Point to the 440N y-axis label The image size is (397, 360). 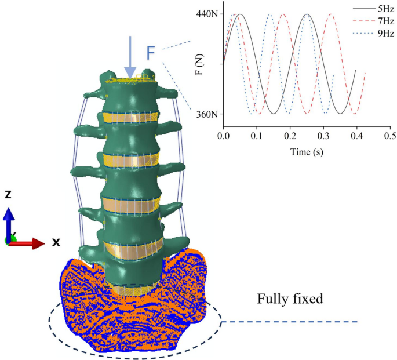pyautogui.click(x=207, y=14)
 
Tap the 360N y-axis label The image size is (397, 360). pyautogui.click(x=207, y=114)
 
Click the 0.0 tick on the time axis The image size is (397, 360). pyautogui.click(x=223, y=136)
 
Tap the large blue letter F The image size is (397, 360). pyautogui.click(x=151, y=53)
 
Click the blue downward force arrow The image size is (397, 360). pyautogui.click(x=130, y=55)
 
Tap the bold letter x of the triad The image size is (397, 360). pyautogui.click(x=56, y=242)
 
